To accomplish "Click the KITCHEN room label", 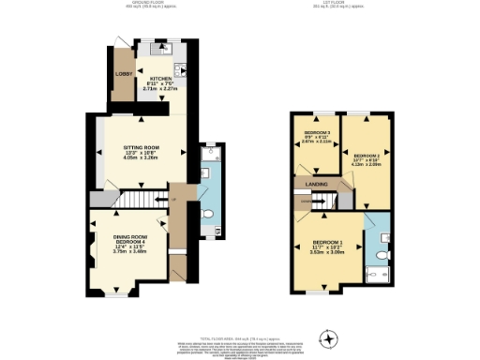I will (x=157, y=80).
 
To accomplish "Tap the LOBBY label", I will (x=122, y=74).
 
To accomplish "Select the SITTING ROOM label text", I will (x=142, y=148).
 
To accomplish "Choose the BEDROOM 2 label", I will (x=366, y=155).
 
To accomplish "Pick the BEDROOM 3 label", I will (x=315, y=133).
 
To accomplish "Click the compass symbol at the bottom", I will (x=327, y=338).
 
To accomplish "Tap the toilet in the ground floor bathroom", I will (x=208, y=213).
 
